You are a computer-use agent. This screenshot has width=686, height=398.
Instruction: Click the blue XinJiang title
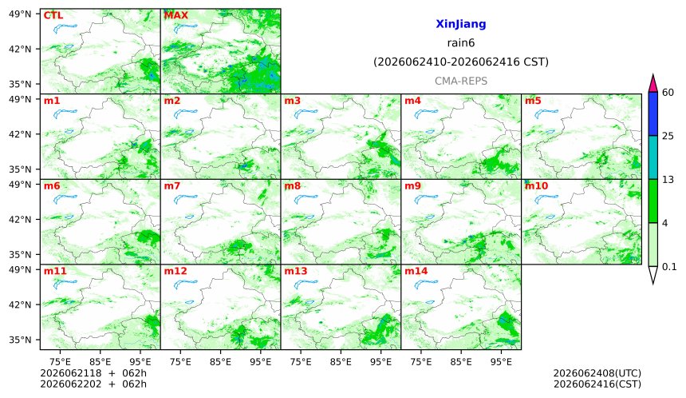point(461,24)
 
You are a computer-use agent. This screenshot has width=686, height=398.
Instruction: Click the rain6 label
point(461,43)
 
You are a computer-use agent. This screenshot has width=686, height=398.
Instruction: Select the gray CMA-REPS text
point(461,81)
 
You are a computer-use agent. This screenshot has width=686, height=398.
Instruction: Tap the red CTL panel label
point(53,15)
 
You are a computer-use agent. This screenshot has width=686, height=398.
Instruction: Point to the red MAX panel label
point(175,15)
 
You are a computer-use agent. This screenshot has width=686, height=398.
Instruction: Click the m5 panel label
point(533,101)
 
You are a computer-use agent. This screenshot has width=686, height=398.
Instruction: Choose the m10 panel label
point(536,186)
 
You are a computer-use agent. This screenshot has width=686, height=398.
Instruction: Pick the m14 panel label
point(416,271)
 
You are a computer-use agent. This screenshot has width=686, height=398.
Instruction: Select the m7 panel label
point(172,186)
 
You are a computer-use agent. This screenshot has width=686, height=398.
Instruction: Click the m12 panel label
point(175,271)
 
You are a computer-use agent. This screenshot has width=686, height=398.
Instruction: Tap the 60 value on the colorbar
point(668,93)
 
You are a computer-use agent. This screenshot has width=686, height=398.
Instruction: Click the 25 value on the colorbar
point(668,137)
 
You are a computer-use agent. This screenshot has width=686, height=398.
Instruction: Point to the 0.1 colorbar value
point(669,267)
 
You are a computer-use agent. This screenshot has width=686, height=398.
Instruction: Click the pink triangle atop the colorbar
point(652,84)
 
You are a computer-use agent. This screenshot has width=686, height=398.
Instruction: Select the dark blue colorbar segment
point(652,114)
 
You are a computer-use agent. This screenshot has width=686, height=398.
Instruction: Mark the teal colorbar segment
point(652,157)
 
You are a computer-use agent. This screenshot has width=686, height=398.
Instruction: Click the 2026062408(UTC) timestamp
point(597,373)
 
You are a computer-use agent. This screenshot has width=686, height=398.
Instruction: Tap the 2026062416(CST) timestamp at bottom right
point(597,384)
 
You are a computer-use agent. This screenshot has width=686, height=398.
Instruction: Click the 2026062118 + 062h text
point(93,373)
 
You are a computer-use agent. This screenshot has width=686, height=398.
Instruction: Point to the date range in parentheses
point(461,62)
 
